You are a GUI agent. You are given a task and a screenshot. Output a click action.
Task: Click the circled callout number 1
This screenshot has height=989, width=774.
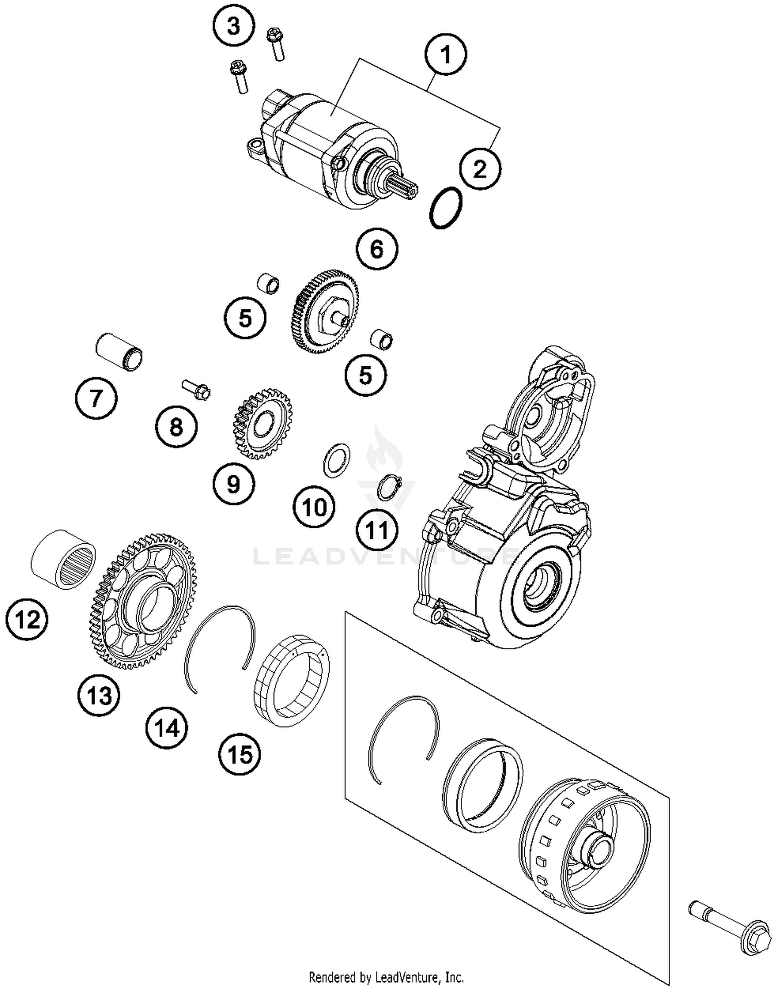[x=446, y=55]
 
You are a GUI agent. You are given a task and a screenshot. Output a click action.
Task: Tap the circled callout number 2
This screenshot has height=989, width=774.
[x=480, y=169]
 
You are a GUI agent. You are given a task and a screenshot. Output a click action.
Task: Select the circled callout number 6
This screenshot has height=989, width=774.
[x=377, y=249]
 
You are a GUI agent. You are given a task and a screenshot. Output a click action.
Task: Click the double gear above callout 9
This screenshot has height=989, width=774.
[x=261, y=424]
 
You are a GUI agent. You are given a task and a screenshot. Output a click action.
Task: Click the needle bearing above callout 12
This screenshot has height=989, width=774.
[x=64, y=559]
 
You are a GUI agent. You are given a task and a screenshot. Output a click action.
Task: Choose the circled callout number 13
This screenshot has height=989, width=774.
[x=99, y=696]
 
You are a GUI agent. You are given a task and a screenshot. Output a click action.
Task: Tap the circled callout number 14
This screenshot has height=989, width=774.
[x=166, y=728]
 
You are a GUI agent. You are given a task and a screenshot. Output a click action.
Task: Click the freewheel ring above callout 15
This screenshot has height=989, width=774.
[x=292, y=680]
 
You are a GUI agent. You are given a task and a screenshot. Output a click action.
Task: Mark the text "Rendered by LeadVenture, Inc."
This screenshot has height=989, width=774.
[x=386, y=977]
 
